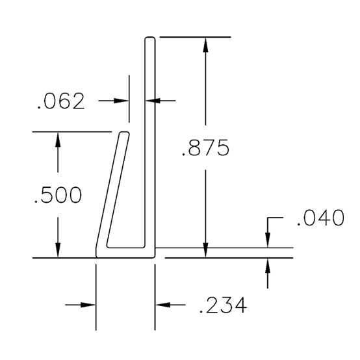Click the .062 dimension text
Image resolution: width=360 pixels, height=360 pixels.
pyautogui.click(x=61, y=102)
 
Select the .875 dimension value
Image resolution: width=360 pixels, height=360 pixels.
pyautogui.click(x=205, y=149)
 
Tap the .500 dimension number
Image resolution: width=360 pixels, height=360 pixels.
pyautogui.click(x=58, y=195)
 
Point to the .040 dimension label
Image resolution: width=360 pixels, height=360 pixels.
pyautogui.click(x=320, y=218)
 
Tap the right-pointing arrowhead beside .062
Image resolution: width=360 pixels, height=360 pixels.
pyautogui.click(x=122, y=101)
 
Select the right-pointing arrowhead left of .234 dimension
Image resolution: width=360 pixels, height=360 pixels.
pyautogui.click(x=89, y=304)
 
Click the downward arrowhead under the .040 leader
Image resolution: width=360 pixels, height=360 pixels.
pyautogui.click(x=268, y=242)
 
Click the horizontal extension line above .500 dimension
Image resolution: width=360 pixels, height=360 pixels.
pyautogui.click(x=71, y=132)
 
